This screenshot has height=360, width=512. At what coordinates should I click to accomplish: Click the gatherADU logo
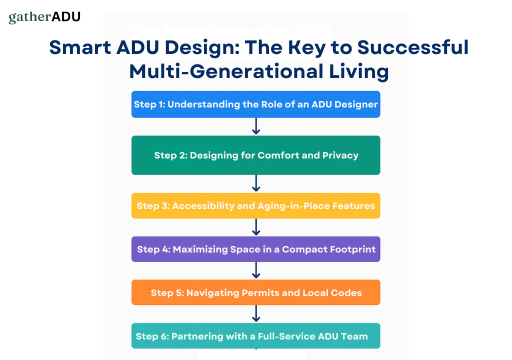click(44, 17)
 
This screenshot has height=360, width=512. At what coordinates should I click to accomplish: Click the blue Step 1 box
click(255, 104)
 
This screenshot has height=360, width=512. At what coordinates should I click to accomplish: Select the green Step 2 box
click(255, 155)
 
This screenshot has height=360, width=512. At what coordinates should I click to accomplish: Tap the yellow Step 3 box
click(255, 205)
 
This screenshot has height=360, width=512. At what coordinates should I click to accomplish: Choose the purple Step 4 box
click(255, 249)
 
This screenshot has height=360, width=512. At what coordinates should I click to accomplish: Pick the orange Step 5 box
click(255, 292)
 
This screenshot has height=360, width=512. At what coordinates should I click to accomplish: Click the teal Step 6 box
click(255, 336)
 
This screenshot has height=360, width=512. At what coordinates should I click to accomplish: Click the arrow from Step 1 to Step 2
click(256, 126)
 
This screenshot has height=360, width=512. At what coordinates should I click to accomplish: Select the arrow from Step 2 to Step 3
click(256, 183)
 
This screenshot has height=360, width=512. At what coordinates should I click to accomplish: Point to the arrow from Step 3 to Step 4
click(256, 227)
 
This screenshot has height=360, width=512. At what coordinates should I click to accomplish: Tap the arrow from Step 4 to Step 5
click(256, 270)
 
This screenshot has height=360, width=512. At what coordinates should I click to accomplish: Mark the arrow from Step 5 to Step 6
click(256, 314)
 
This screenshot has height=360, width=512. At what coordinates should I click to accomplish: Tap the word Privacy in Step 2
click(340, 155)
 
